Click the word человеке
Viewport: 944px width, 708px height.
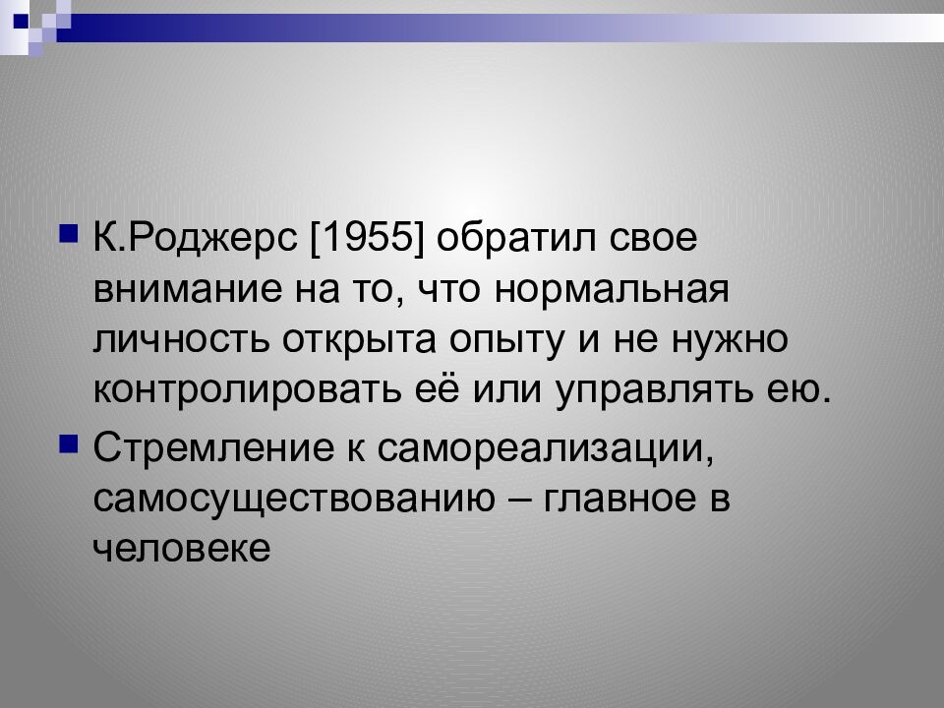point(181,549)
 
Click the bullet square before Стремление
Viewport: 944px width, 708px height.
point(68,445)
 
